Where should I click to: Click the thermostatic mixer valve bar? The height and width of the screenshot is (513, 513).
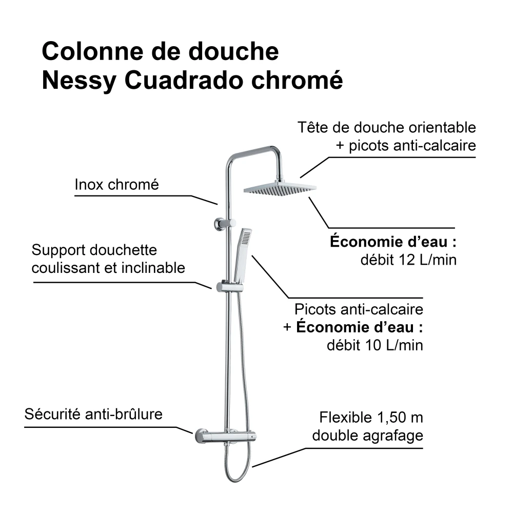[x=226, y=437]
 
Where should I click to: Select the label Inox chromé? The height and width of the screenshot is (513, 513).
[x=116, y=184]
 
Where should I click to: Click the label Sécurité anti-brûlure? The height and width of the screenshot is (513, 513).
[x=93, y=414]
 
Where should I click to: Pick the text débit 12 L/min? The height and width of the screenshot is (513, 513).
[x=408, y=260]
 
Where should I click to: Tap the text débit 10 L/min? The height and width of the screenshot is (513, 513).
[x=375, y=345]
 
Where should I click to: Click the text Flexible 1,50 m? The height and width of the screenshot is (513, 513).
[x=371, y=418]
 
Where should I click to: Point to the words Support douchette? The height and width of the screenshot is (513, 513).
[x=94, y=250]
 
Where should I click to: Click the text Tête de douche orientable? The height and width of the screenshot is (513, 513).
[x=387, y=127]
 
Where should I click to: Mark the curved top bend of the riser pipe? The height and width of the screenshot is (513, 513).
[x=231, y=157]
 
